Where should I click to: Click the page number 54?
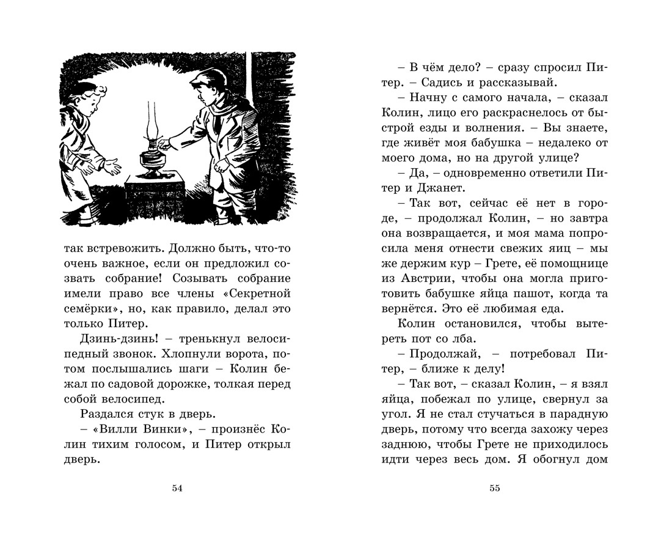[177, 488]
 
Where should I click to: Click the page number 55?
[495, 488]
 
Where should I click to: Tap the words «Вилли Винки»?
[139, 429]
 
